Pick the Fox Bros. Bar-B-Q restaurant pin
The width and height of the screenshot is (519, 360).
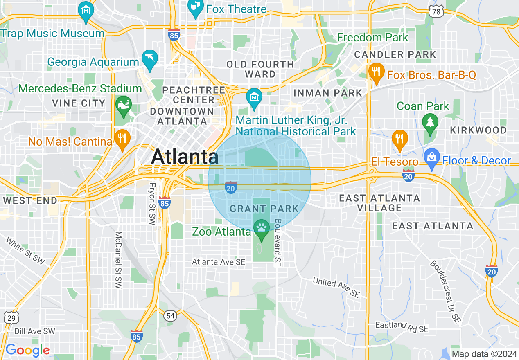click(x=375, y=72)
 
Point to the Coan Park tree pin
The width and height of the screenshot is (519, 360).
click(x=430, y=124)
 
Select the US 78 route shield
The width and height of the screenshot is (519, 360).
click(x=436, y=12)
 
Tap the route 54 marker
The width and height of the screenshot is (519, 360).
click(x=170, y=315)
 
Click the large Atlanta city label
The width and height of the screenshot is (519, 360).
click(x=185, y=157)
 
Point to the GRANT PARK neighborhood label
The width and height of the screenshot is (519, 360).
click(x=264, y=209)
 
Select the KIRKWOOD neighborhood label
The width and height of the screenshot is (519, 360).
click(x=478, y=130)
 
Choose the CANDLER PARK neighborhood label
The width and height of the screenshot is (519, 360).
click(x=395, y=54)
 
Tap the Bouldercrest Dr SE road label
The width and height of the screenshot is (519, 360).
click(x=445, y=291)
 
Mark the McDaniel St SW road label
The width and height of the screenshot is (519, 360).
click(x=118, y=260)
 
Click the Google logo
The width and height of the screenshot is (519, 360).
click(x=27, y=350)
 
